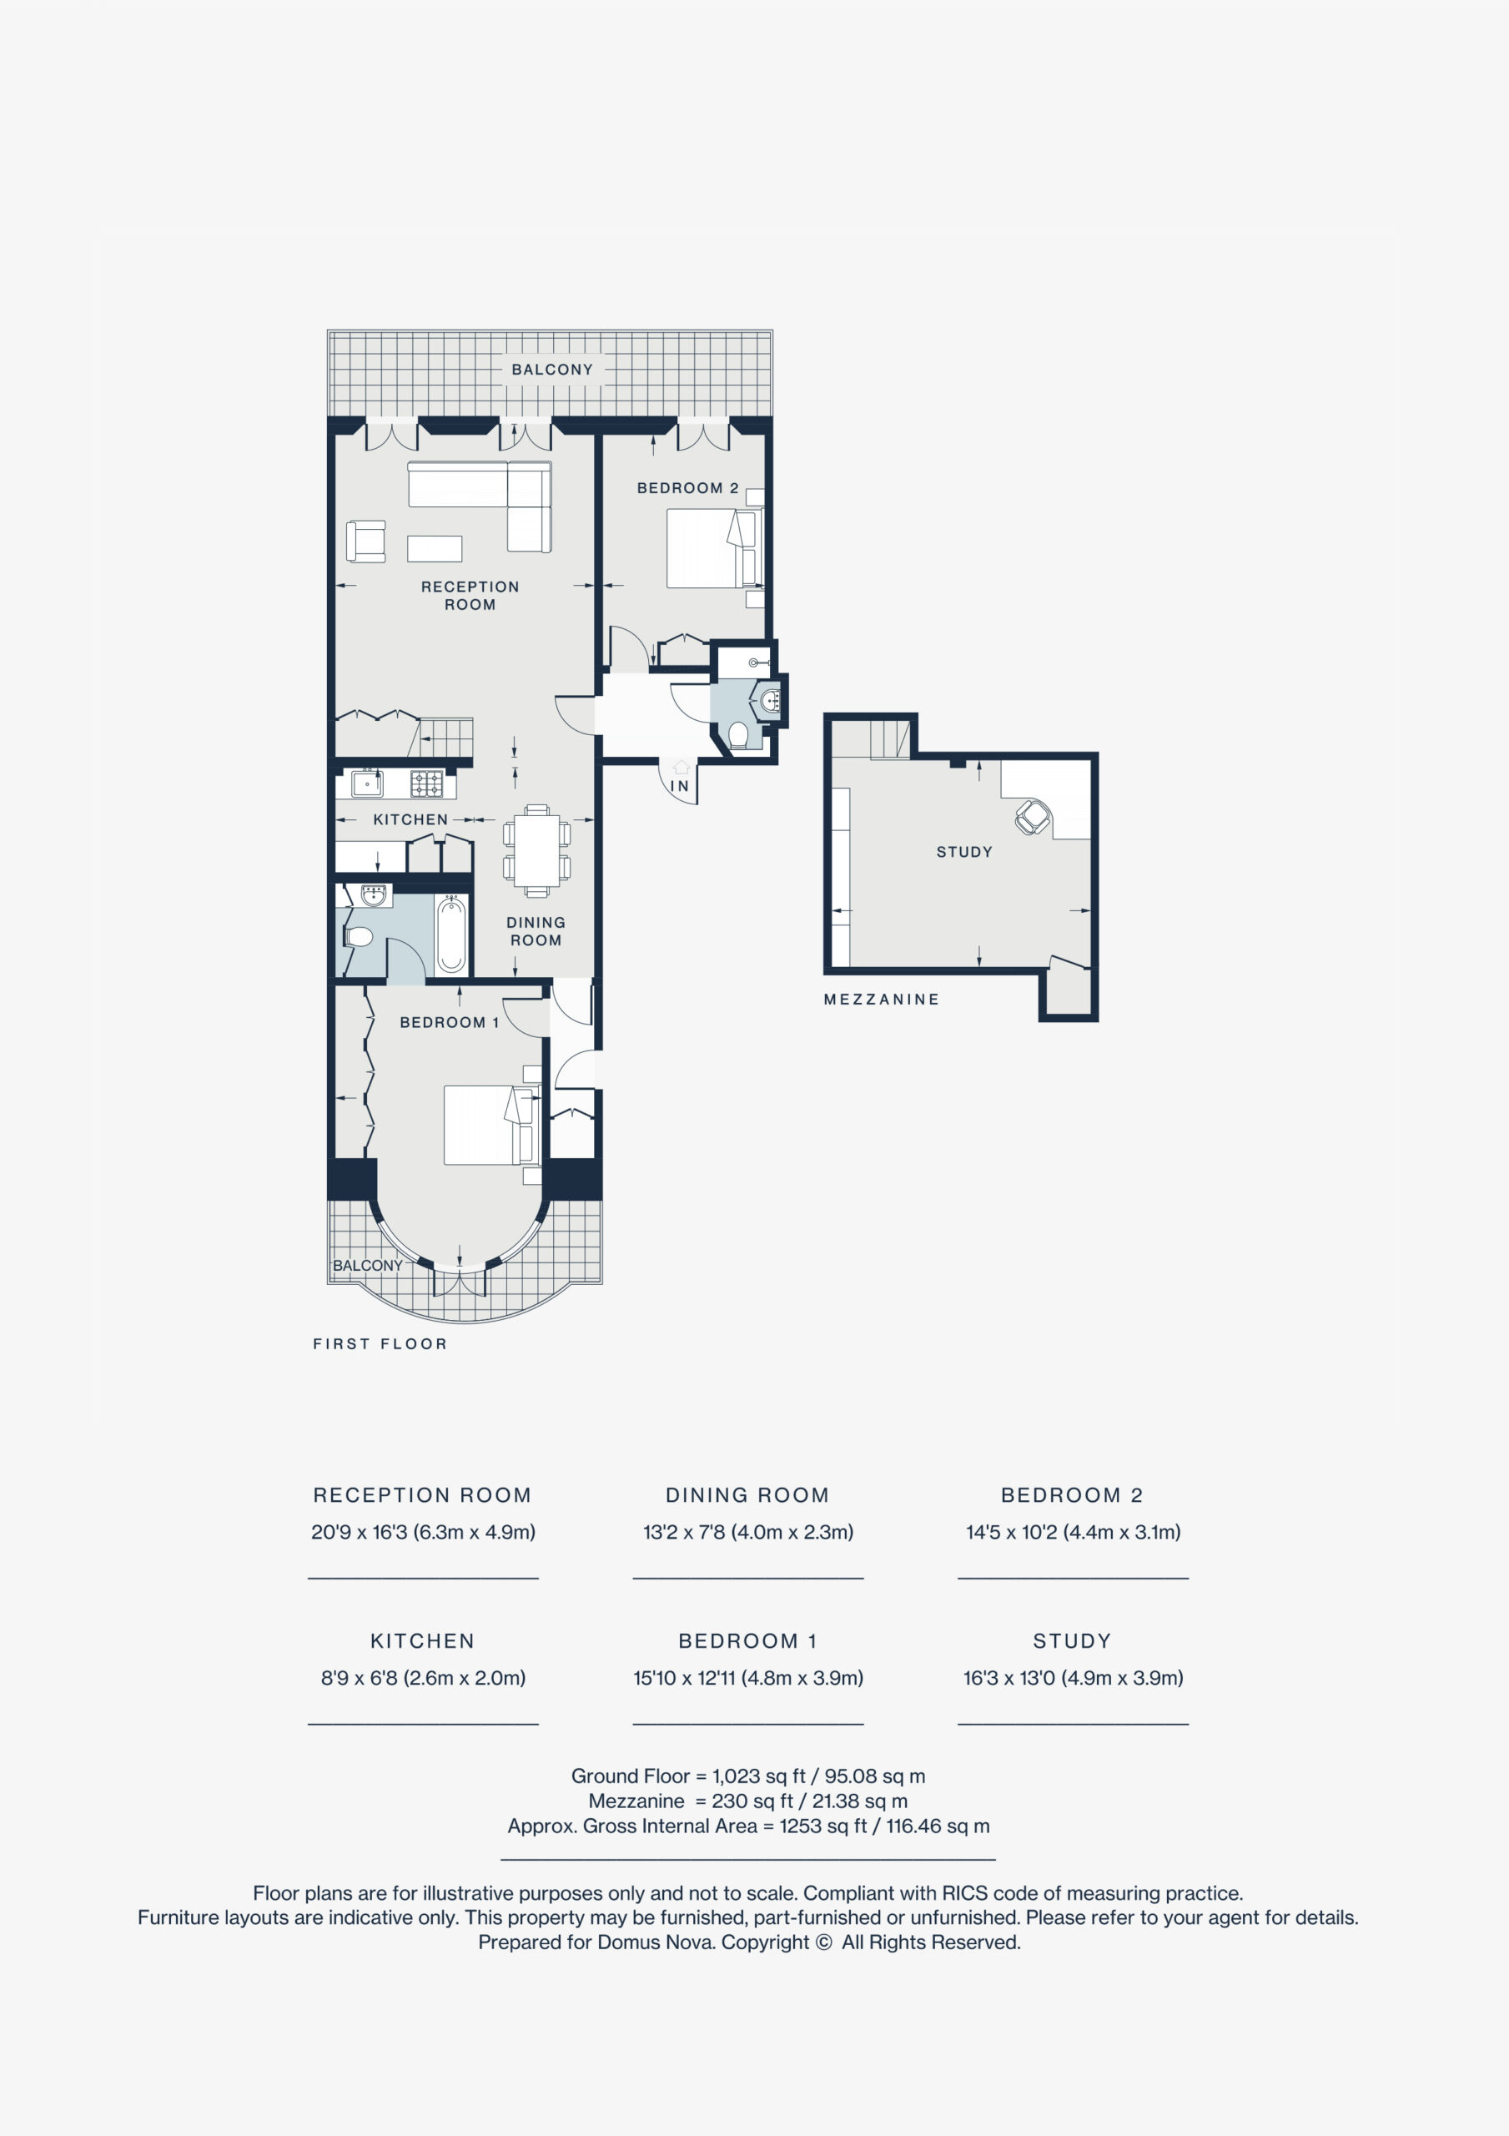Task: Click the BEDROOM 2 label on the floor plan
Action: click(x=687, y=487)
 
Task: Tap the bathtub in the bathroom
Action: click(x=451, y=933)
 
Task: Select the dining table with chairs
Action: click(x=537, y=850)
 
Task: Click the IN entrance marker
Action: click(x=680, y=786)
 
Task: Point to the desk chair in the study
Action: click(x=1032, y=817)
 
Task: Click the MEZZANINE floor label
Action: click(x=881, y=999)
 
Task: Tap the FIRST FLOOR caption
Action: click(x=380, y=1343)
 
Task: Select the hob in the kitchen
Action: click(x=427, y=783)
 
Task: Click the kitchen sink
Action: click(x=368, y=783)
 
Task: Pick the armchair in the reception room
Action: click(x=365, y=542)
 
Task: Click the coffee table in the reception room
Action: click(x=435, y=549)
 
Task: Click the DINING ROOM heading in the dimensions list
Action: click(x=747, y=1495)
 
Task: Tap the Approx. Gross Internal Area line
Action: click(x=749, y=1826)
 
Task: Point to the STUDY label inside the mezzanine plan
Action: click(x=963, y=851)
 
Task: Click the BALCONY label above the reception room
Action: click(x=551, y=370)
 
